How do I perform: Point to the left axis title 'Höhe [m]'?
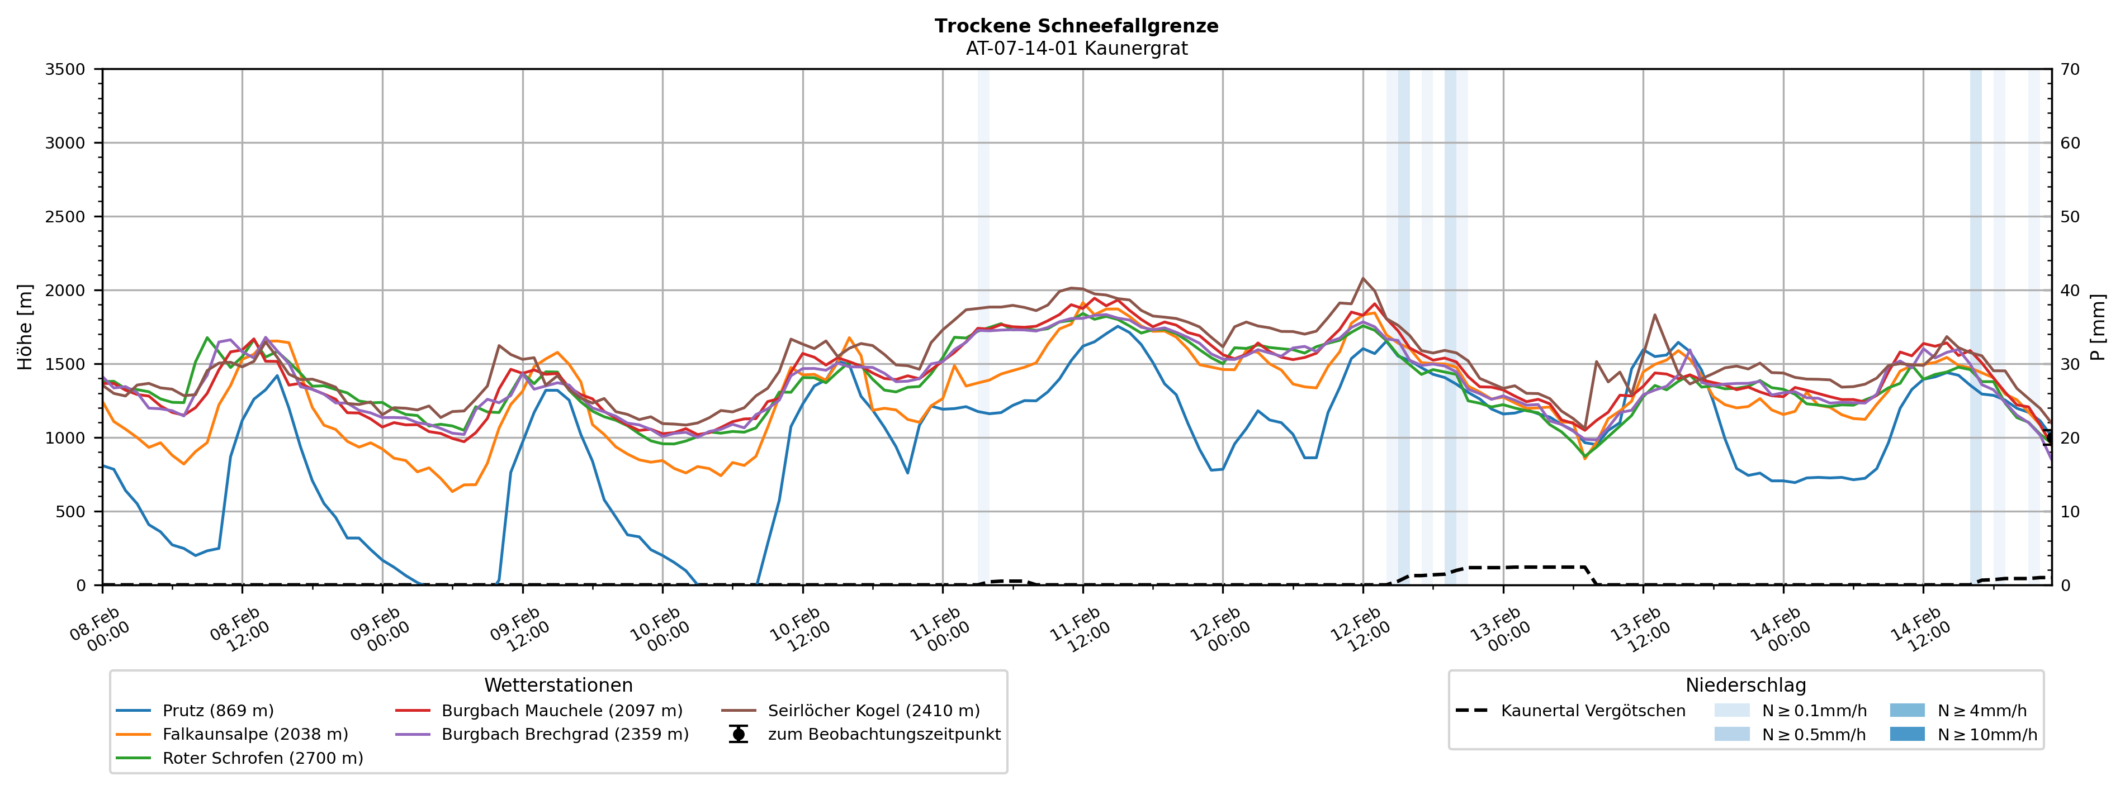[x=25, y=326]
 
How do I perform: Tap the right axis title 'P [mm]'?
[x=2098, y=326]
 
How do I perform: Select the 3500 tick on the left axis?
[x=65, y=69]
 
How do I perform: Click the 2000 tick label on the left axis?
[x=65, y=291]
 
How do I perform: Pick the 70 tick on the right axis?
[x=2070, y=69]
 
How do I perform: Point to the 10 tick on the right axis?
[x=2070, y=511]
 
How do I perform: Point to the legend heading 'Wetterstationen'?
[x=559, y=686]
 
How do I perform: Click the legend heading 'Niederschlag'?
[x=1745, y=686]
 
